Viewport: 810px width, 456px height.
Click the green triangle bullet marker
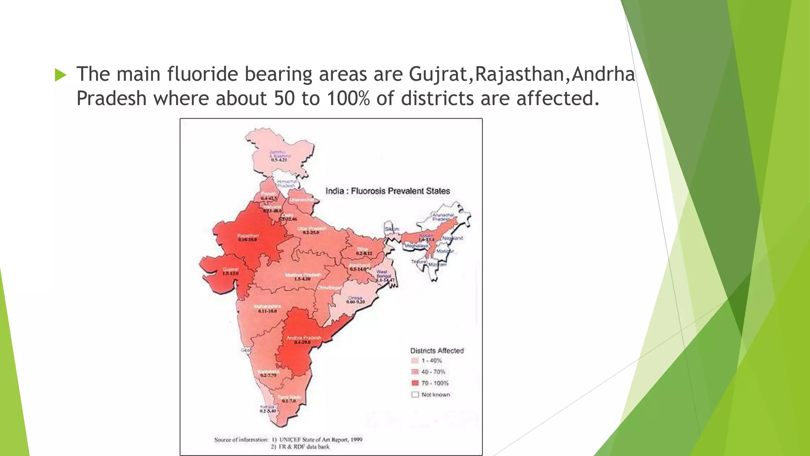[61, 75]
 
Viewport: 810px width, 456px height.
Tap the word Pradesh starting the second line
[111, 99]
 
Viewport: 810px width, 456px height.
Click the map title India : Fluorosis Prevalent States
[388, 191]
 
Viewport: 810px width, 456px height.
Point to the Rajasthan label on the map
[248, 236]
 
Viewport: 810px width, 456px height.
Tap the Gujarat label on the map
[231, 270]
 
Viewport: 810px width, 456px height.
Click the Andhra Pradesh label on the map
[304, 338]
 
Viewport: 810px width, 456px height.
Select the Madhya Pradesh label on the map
[303, 275]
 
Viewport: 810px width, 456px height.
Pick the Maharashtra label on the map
[268, 306]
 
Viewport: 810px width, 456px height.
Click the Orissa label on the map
[355, 298]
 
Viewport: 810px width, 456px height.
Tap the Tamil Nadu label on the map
[289, 397]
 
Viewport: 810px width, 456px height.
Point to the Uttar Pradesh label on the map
[312, 229]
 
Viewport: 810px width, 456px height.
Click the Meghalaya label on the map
[416, 246]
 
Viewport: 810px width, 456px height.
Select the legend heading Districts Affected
[437, 351]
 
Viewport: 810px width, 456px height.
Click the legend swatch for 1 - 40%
[415, 361]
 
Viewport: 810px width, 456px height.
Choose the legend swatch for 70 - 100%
[415, 383]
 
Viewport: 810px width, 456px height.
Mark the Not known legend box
[415, 395]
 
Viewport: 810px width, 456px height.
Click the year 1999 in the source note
[356, 439]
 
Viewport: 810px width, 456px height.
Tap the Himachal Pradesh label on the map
[287, 183]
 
